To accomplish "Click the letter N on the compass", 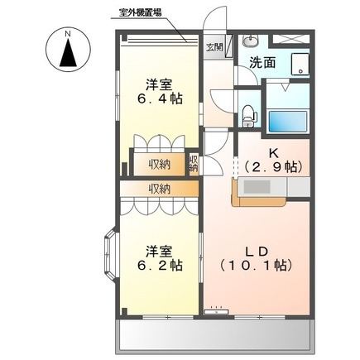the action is [x=68, y=34].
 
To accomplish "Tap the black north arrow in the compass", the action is [x=68, y=53].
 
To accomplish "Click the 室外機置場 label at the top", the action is [x=140, y=12].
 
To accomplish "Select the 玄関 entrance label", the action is [x=214, y=47].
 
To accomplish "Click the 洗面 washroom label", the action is [x=262, y=63].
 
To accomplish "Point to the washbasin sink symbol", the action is [x=251, y=41].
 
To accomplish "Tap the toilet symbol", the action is [x=249, y=116].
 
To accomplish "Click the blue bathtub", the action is [x=288, y=122].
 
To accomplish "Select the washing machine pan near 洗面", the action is [x=300, y=64].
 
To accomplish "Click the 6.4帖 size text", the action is [x=160, y=98].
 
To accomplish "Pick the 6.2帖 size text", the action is [x=160, y=266].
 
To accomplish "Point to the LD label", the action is [x=257, y=251].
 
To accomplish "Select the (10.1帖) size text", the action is [x=257, y=266].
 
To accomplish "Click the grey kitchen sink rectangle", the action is [x=257, y=187].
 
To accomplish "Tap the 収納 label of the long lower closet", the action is [x=160, y=190].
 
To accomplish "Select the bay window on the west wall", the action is [x=111, y=253].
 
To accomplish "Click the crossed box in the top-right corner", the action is [x=290, y=39].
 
